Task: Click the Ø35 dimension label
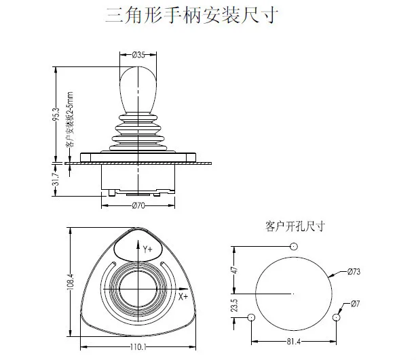138,55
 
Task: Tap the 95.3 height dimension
56,115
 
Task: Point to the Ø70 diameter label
138,205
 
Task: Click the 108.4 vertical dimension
71,281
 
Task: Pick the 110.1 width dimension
138,347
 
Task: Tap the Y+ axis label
147,249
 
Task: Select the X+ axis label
183,297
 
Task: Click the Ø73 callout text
354,271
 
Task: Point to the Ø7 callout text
355,303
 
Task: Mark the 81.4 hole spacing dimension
294,342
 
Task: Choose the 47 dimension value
235,270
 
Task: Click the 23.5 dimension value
234,305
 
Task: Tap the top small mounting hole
293,247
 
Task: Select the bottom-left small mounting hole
251,317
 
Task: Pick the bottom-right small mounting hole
336,317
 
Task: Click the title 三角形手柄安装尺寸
191,15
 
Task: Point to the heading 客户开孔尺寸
295,226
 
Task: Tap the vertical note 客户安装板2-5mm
69,119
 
